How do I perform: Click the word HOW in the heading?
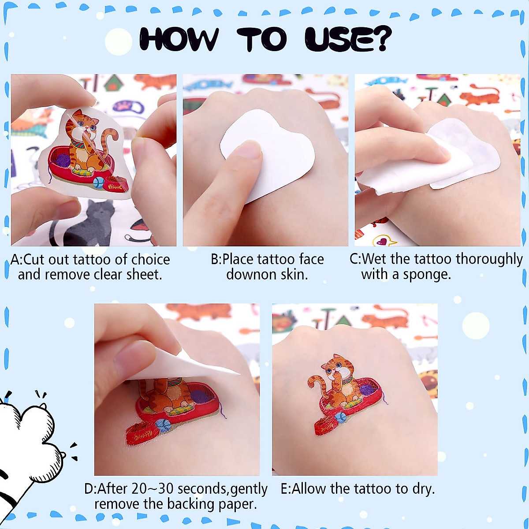(179, 40)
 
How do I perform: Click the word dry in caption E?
(421, 489)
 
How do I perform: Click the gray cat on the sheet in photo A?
(95, 220)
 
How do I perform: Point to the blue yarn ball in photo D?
(164, 424)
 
